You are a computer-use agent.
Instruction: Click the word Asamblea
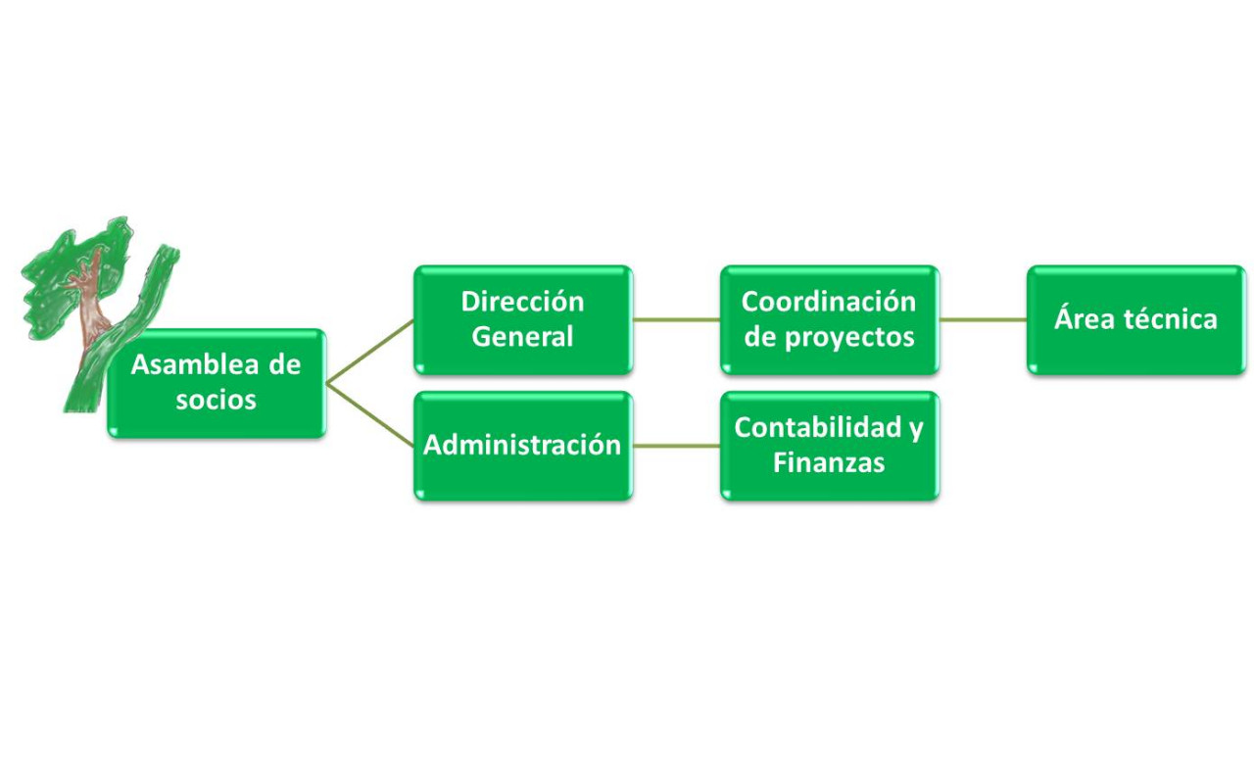(195, 365)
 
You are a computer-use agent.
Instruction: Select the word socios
(217, 401)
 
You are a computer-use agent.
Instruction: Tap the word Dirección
(522, 302)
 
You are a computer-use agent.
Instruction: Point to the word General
(522, 337)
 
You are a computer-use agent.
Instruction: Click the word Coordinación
(829, 302)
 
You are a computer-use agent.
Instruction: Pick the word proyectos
(849, 338)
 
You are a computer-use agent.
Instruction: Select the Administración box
(523, 446)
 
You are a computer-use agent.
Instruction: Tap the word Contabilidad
(818, 427)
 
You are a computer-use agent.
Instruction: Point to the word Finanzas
(829, 463)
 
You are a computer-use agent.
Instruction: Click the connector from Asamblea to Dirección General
(369, 352)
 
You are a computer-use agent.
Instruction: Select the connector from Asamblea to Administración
(369, 415)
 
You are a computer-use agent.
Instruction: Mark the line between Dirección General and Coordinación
(676, 319)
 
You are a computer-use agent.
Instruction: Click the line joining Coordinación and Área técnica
(983, 319)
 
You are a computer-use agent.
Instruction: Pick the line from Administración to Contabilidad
(676, 446)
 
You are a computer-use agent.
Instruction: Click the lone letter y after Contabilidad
(915, 430)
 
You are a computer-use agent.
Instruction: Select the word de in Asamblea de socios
(285, 365)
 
